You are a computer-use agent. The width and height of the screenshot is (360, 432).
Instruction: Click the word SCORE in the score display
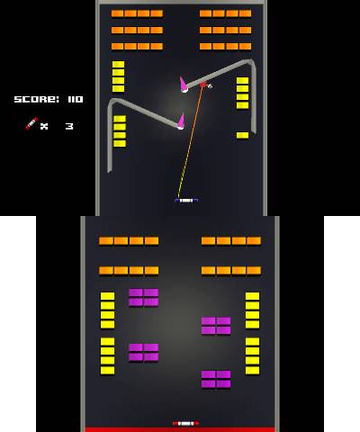(x=37, y=99)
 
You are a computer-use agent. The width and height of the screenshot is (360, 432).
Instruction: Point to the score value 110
(x=76, y=99)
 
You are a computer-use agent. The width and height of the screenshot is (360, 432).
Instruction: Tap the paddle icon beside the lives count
(x=31, y=123)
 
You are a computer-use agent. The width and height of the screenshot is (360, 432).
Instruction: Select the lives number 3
(x=69, y=126)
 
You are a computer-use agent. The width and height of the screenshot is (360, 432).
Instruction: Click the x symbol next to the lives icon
(x=44, y=126)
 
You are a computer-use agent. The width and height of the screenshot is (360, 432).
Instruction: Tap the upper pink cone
(x=184, y=85)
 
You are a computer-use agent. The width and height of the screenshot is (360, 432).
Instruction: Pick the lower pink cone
(x=181, y=121)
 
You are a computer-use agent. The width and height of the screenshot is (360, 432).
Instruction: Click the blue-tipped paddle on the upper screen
(x=186, y=200)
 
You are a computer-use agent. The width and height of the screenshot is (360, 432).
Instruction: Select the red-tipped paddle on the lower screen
(x=185, y=423)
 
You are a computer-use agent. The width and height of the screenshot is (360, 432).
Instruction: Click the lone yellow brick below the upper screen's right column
(x=242, y=135)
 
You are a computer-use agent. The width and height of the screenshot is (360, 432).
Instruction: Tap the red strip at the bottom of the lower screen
(x=180, y=429)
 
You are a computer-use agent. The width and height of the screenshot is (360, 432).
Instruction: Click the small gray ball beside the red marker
(x=210, y=86)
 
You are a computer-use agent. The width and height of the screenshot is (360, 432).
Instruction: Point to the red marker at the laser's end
(x=203, y=85)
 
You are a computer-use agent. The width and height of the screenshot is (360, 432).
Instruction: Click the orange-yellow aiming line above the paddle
(x=191, y=142)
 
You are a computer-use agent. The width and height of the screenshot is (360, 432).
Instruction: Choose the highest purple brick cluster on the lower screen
(x=144, y=297)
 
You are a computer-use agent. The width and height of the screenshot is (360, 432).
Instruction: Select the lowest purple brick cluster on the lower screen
(x=216, y=379)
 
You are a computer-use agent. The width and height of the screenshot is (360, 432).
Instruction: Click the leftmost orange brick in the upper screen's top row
(x=117, y=13)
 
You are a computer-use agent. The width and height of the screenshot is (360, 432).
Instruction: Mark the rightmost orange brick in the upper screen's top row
(x=246, y=13)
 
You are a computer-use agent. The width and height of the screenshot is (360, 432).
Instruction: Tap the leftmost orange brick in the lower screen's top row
(x=106, y=241)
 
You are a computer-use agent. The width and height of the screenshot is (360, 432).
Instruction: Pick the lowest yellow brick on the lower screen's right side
(x=252, y=370)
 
